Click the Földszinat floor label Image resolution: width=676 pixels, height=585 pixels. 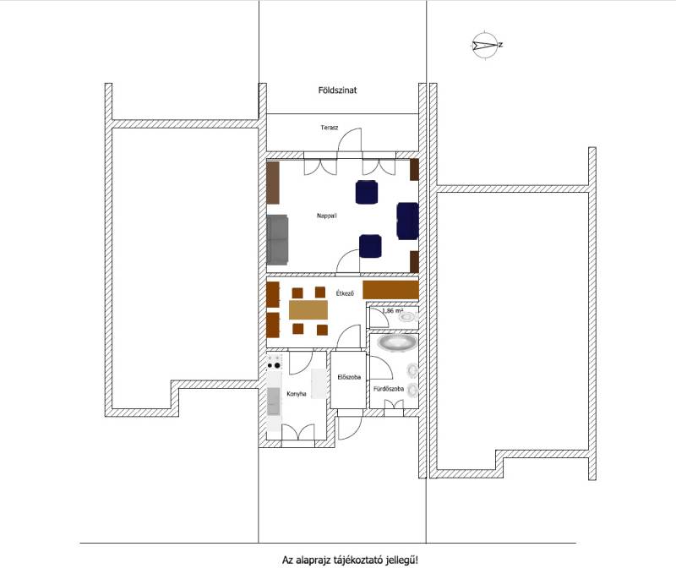click(337, 90)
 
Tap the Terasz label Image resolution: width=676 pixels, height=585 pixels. click(330, 128)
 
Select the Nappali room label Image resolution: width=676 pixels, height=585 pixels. click(327, 216)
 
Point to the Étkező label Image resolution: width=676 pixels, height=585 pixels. click(345, 293)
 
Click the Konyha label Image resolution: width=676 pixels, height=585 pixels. click(297, 394)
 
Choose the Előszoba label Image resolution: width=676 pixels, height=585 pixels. click(349, 377)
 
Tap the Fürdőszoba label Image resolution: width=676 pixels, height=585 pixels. click(389, 389)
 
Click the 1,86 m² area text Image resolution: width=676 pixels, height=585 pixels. click(393, 310)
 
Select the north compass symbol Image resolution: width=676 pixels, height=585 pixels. click(486, 45)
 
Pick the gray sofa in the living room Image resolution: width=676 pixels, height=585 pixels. click(277, 239)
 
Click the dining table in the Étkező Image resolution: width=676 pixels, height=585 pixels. click(308, 310)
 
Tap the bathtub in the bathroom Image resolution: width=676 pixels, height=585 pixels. click(397, 343)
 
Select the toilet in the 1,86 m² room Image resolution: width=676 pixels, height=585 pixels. click(407, 318)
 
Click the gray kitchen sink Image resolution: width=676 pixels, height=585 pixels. click(273, 402)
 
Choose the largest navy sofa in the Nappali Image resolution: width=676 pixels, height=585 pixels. click(407, 221)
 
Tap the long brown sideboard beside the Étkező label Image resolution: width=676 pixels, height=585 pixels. click(390, 290)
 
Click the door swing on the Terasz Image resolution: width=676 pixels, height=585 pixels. click(350, 140)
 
